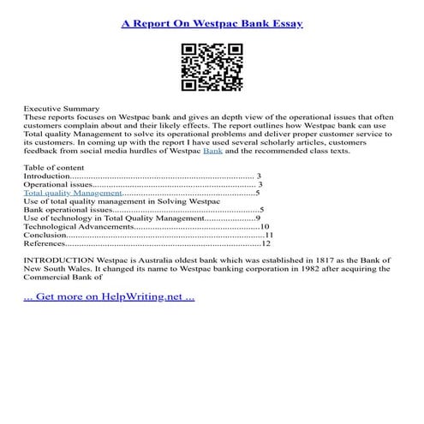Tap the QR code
(x=212, y=69)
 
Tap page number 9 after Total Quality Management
(x=258, y=218)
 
